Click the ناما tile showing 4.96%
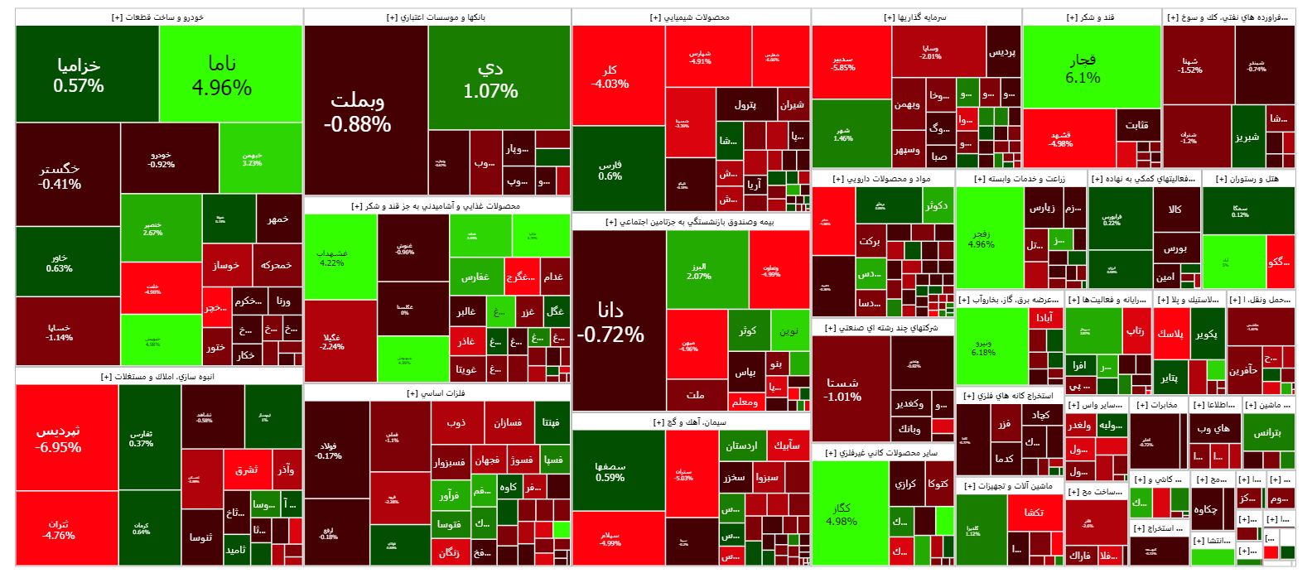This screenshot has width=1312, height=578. [222, 75]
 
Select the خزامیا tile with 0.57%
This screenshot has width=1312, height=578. [79, 75]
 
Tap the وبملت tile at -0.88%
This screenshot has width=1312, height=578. [358, 111]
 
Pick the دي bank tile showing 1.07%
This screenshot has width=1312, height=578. [490, 79]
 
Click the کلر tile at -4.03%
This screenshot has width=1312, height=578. [610, 76]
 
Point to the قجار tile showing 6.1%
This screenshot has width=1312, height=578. [1083, 68]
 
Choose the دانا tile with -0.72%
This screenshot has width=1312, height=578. [610, 321]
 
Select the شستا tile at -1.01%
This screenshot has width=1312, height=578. [842, 389]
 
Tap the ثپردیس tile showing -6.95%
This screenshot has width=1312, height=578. [58, 439]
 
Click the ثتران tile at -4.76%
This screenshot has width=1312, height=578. [58, 530]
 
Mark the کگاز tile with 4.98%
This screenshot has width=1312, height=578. [842, 514]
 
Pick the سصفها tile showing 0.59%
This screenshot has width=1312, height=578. [610, 471]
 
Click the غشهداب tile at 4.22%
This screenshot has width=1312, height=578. [332, 258]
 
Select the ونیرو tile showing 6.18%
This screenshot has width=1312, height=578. [983, 347]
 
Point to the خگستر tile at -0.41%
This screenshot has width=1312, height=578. [60, 176]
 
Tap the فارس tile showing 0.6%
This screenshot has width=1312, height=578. [610, 170]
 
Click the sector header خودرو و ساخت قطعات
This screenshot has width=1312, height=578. [158, 17]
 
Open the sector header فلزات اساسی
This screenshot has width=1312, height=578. [437, 393]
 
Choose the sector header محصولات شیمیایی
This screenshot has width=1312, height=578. [690, 17]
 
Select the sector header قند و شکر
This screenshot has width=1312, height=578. [1091, 17]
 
